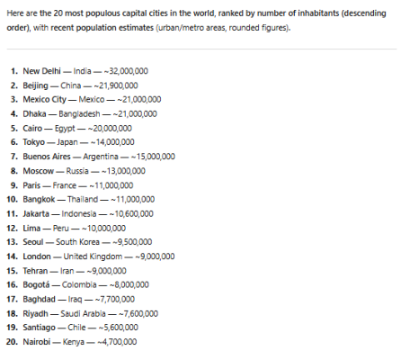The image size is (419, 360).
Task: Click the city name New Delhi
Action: click(x=39, y=70)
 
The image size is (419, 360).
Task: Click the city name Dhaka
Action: click(x=33, y=113)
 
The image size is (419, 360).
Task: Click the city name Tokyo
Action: click(x=33, y=141)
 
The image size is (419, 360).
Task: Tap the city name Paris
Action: click(x=31, y=184)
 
